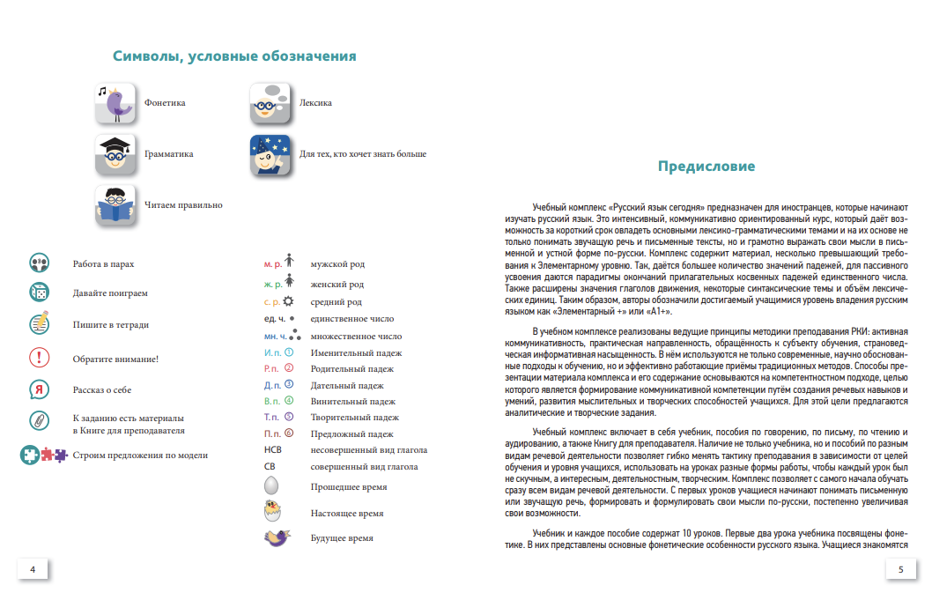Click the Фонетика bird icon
115,103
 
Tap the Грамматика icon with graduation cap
115,154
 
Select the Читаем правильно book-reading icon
115,205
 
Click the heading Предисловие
706,167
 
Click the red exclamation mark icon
40,358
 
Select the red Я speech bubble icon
40,389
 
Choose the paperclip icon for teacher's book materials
40,420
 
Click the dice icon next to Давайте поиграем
40,293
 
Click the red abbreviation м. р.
272,264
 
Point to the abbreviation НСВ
273,450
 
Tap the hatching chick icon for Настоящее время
276,511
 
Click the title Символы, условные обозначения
234,56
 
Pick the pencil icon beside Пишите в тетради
40,324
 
